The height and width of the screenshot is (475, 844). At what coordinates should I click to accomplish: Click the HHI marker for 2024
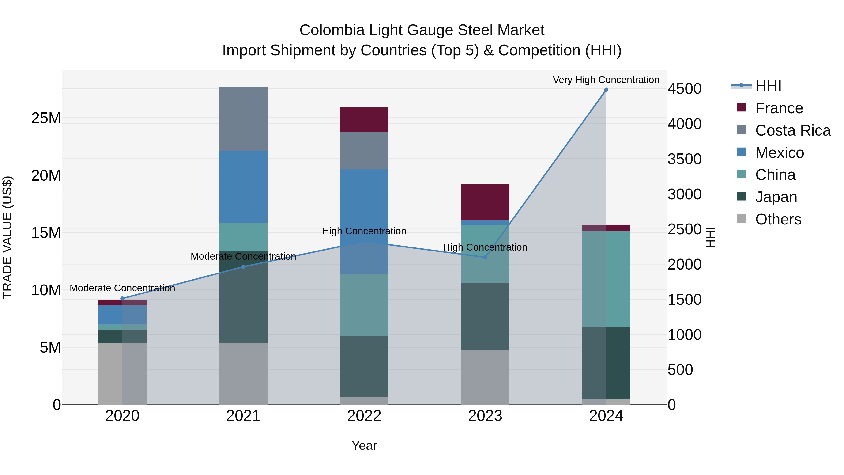tap(606, 90)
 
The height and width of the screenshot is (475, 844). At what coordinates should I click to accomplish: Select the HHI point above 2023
tap(485, 257)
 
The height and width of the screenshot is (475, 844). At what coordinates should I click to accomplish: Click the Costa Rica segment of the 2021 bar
tap(243, 119)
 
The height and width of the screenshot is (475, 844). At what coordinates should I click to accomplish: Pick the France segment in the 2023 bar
tap(485, 202)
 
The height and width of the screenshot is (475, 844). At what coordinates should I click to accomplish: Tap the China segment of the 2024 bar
tap(606, 279)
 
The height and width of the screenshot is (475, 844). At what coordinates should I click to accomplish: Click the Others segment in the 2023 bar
tap(485, 377)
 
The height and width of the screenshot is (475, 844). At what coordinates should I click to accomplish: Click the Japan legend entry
tap(776, 197)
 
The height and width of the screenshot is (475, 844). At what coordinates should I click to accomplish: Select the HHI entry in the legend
tap(768, 86)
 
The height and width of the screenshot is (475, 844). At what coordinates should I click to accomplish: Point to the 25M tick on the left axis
tap(46, 118)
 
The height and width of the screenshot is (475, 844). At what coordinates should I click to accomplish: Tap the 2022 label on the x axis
tap(364, 416)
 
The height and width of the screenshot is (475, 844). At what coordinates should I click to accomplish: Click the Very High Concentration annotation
tap(606, 80)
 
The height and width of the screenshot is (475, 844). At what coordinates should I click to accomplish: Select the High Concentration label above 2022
tap(364, 231)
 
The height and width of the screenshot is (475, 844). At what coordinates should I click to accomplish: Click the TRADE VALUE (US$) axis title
tap(8, 237)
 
